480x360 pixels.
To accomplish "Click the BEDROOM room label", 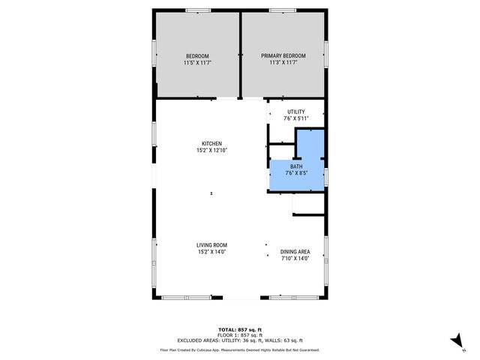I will click(x=196, y=56).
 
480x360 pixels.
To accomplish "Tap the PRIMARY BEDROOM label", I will click(x=283, y=56).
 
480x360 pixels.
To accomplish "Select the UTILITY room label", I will click(x=296, y=111).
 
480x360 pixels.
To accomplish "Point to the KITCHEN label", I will click(x=211, y=144).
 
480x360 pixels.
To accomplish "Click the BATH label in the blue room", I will click(x=296, y=166).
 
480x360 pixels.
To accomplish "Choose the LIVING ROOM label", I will click(x=211, y=245).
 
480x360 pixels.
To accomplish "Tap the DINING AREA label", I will click(x=295, y=252).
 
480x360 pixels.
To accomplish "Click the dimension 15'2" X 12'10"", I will click(x=211, y=151).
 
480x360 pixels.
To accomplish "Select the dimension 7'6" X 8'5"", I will click(x=296, y=173).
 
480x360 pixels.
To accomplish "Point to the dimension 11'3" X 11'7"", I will click(x=283, y=63).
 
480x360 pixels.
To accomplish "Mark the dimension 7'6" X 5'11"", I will click(x=296, y=118).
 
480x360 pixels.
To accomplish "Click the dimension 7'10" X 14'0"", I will click(x=295, y=259).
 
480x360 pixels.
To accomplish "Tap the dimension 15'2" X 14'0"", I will click(x=211, y=252).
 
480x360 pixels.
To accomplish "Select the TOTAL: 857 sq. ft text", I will click(x=239, y=329).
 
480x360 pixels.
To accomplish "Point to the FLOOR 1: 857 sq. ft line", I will click(x=239, y=334).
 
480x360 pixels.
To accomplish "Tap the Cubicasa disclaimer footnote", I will click(x=239, y=349).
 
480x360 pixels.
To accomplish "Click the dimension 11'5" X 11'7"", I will click(x=196, y=63).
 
